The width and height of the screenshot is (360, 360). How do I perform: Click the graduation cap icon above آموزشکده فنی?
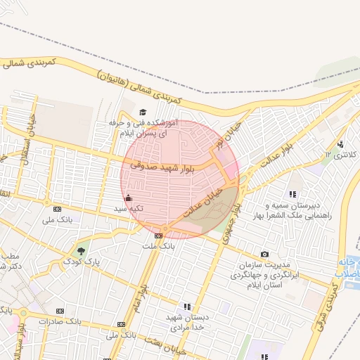[x=143, y=112]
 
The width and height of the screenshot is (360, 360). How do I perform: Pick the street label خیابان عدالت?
[x=205, y=201]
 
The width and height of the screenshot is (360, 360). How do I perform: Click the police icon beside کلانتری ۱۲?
[x=341, y=144]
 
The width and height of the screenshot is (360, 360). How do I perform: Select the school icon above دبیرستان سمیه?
[x=292, y=194]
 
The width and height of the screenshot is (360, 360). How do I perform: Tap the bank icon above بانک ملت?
[x=158, y=236]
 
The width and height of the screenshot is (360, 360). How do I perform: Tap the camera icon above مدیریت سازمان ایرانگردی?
[x=264, y=254]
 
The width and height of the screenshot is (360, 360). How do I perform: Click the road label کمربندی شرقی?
[x=328, y=302]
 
